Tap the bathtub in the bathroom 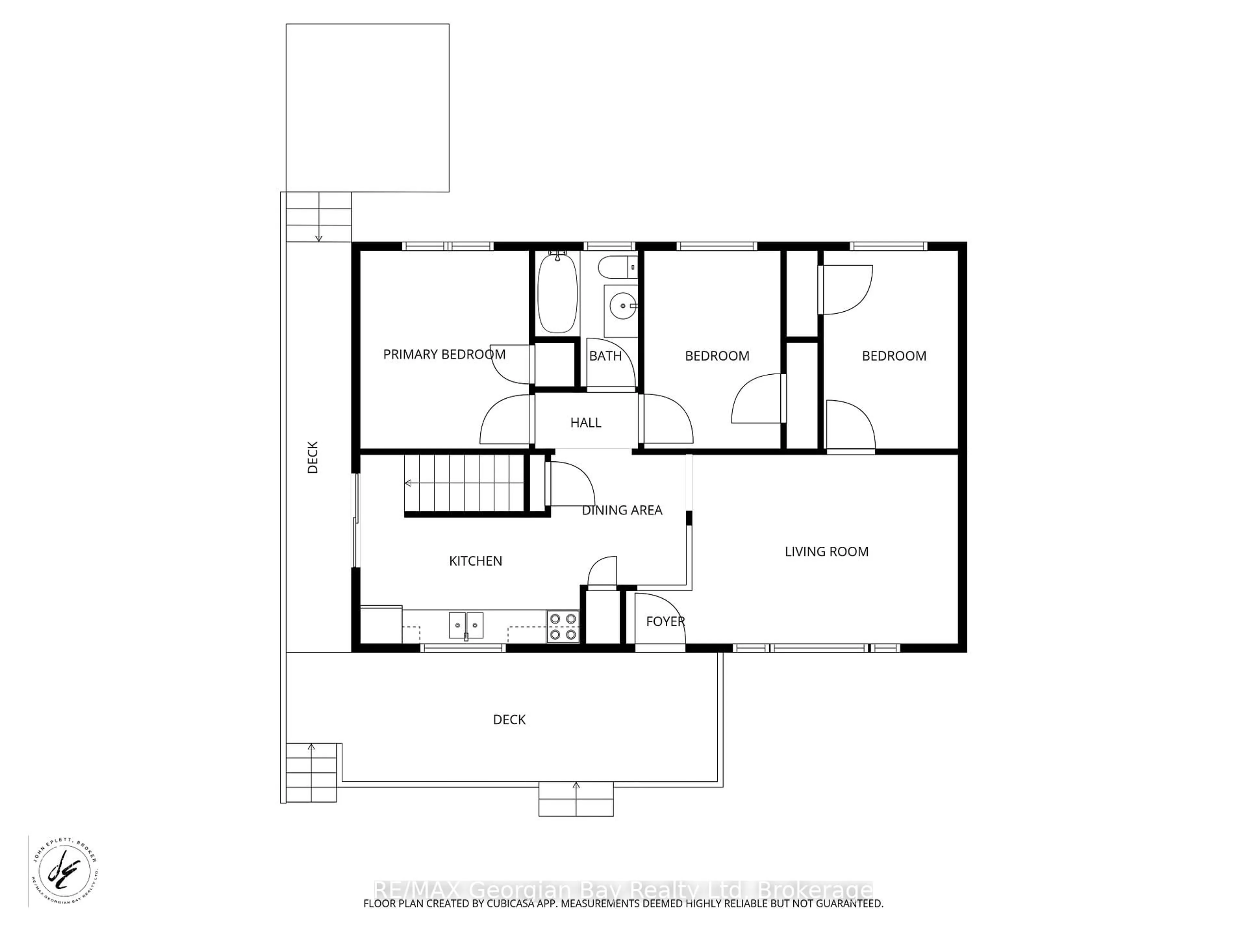(557, 293)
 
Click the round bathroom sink (623, 306)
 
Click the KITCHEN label (475, 561)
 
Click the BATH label (605, 356)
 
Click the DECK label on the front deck (509, 720)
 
